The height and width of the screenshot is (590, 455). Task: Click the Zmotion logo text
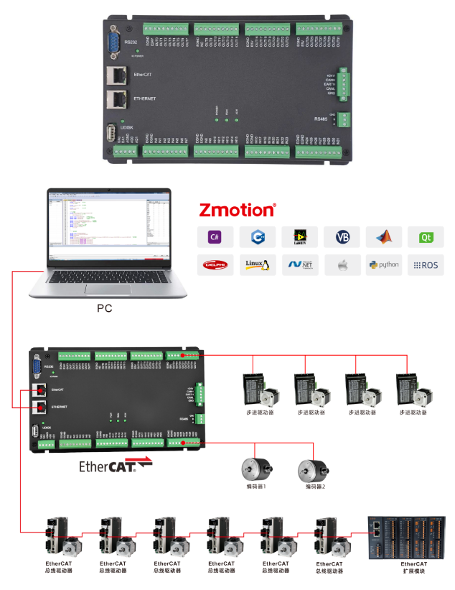[238, 210]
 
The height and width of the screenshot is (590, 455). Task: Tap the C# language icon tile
[214, 236]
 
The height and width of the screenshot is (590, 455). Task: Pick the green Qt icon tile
[426, 236]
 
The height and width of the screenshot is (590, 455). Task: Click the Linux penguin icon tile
[256, 264]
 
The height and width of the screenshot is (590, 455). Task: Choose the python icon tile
[383, 264]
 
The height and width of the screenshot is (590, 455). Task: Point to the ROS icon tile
[426, 264]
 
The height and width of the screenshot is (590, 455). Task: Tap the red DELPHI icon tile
[214, 264]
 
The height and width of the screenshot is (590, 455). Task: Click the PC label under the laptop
[105, 308]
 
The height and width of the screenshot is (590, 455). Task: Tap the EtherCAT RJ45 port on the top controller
[114, 74]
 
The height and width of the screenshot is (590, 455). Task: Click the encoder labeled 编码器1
[255, 469]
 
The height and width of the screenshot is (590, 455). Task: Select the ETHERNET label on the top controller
[145, 98]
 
